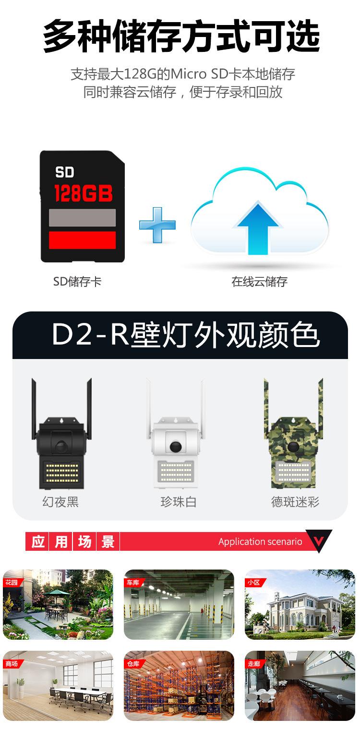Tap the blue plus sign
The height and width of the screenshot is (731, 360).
[157, 224]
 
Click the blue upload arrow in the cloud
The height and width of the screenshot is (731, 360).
[257, 228]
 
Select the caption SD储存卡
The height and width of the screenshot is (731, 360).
[77, 282]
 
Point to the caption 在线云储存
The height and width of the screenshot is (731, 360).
[259, 282]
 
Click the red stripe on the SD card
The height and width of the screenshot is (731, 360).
[83, 240]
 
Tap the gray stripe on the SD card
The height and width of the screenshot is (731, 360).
[83, 218]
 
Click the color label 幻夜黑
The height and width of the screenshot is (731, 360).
[60, 502]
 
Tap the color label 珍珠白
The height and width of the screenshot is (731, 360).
[179, 502]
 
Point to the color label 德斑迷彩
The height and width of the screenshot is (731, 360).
[295, 502]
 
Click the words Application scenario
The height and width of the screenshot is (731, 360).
[260, 542]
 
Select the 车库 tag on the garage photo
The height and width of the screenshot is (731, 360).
[132, 582]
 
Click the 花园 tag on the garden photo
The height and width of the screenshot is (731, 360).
[12, 582]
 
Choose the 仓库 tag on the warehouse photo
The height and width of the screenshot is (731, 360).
[132, 664]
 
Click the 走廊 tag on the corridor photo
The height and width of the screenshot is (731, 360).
[254, 664]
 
